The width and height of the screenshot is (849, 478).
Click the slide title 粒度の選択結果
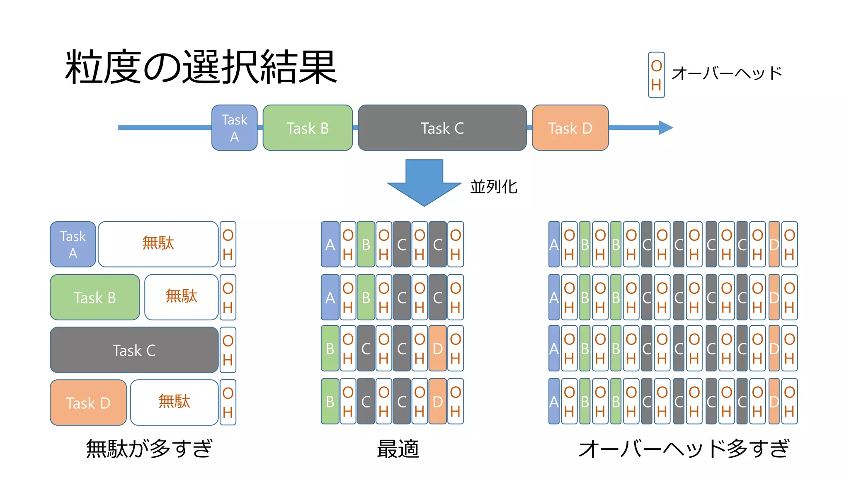click(201, 67)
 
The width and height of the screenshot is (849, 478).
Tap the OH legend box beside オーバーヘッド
click(656, 75)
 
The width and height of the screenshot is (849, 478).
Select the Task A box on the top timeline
click(234, 128)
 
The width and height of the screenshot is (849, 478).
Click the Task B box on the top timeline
click(308, 128)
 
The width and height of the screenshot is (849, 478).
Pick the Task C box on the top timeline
click(442, 128)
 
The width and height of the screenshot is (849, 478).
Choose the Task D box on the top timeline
click(570, 128)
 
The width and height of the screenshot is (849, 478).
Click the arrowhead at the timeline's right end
click(666, 128)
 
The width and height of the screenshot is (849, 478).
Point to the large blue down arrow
click(424, 183)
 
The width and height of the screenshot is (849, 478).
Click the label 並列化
click(493, 187)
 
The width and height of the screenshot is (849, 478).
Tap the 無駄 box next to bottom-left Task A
click(158, 244)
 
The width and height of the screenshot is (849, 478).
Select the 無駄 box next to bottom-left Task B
click(181, 297)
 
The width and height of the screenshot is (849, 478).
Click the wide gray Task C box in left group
click(134, 350)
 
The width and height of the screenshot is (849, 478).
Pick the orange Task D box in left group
click(88, 402)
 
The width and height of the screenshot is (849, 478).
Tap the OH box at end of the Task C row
click(228, 350)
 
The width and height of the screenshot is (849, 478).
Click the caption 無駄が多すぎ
click(149, 449)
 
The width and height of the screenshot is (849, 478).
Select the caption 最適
click(398, 449)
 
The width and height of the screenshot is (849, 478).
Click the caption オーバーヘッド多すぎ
click(684, 449)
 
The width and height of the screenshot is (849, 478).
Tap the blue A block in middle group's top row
click(330, 244)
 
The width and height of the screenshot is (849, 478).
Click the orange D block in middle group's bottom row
click(437, 401)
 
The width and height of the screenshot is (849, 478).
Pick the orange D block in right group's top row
click(774, 244)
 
